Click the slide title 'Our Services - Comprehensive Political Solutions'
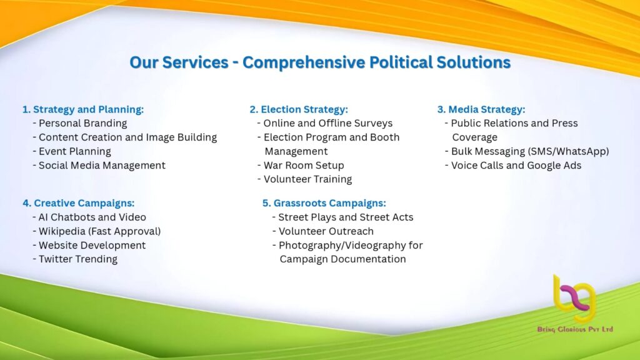click(x=320, y=62)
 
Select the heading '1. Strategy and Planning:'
click(x=83, y=109)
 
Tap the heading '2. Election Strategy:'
click(x=299, y=109)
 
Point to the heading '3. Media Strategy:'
click(x=481, y=109)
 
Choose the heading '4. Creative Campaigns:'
click(x=78, y=203)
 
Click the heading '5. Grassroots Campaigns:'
click(x=324, y=203)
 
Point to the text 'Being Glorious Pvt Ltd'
click(x=575, y=329)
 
